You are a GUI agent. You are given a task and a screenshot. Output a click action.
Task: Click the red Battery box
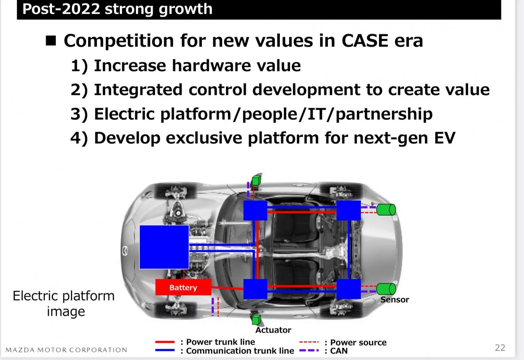183,287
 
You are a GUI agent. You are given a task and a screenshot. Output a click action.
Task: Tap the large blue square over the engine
164,247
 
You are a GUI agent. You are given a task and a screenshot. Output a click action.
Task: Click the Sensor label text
395,300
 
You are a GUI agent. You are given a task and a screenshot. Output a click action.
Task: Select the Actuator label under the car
273,330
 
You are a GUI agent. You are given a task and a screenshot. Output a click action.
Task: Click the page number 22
500,348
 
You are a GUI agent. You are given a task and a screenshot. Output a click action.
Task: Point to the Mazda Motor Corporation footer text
66,350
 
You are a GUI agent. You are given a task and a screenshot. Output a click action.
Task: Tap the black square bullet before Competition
51,41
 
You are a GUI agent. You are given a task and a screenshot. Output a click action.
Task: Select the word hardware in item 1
211,66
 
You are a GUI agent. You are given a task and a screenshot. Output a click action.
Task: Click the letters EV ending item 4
445,138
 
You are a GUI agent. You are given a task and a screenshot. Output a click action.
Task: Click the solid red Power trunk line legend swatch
165,342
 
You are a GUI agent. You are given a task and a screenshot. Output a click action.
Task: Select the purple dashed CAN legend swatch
309,351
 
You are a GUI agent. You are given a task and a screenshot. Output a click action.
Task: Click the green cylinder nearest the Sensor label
386,289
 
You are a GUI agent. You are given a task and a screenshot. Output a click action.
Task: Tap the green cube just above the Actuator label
256,320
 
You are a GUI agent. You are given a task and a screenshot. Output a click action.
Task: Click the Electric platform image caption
64,304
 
